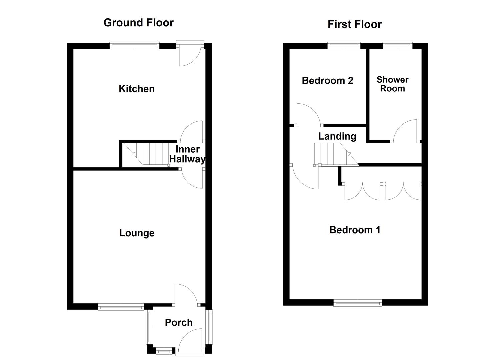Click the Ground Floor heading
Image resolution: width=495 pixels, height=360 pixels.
pyautogui.click(x=138, y=23)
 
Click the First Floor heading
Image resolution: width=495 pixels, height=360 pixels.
pyautogui.click(x=354, y=24)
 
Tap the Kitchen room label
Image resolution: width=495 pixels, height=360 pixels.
pyautogui.click(x=137, y=89)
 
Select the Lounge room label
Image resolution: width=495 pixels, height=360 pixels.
pyautogui.click(x=137, y=233)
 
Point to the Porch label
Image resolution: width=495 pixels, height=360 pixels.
pyautogui.click(x=179, y=322)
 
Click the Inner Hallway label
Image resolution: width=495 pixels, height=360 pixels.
pyautogui.click(x=187, y=154)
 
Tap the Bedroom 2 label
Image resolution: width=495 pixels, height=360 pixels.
pyautogui.click(x=327, y=80)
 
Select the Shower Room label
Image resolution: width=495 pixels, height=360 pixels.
pyautogui.click(x=392, y=84)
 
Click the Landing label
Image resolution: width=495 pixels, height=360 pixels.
pyautogui.click(x=337, y=136)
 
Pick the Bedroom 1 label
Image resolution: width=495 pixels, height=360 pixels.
pyautogui.click(x=355, y=230)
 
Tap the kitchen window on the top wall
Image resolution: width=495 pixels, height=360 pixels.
pyautogui.click(x=134, y=46)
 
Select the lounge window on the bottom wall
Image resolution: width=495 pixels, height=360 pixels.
pyautogui.click(x=121, y=307)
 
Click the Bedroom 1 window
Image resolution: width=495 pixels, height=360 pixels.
pyautogui.click(x=358, y=302)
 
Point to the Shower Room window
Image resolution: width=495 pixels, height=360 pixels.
pyautogui.click(x=397, y=46)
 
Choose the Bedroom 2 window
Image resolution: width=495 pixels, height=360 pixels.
pyautogui.click(x=344, y=46)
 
